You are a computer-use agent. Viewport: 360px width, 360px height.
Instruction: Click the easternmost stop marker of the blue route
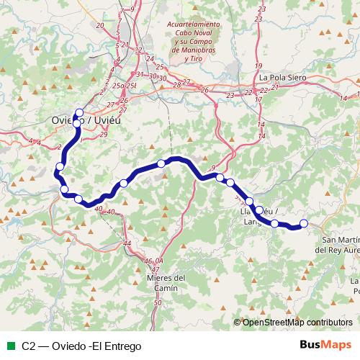pyautogui.click(x=303, y=223)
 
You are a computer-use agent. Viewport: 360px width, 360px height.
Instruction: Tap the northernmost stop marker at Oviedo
pyautogui.click(x=78, y=112)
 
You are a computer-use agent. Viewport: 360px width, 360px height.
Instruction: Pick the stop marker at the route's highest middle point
pyautogui.click(x=161, y=163)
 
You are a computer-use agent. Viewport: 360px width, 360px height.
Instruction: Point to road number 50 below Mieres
pyautogui.click(x=158, y=304)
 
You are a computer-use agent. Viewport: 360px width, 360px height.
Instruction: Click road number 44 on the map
pyautogui.click(x=127, y=244)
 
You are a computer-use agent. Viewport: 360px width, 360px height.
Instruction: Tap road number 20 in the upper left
pyautogui.click(x=99, y=25)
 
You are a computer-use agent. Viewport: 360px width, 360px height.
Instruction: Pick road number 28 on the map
pyautogui.click(x=176, y=85)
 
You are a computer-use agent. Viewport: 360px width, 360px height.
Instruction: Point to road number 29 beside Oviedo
pyautogui.click(x=104, y=134)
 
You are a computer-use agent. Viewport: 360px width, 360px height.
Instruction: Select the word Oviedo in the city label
pyautogui.click(x=63, y=120)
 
